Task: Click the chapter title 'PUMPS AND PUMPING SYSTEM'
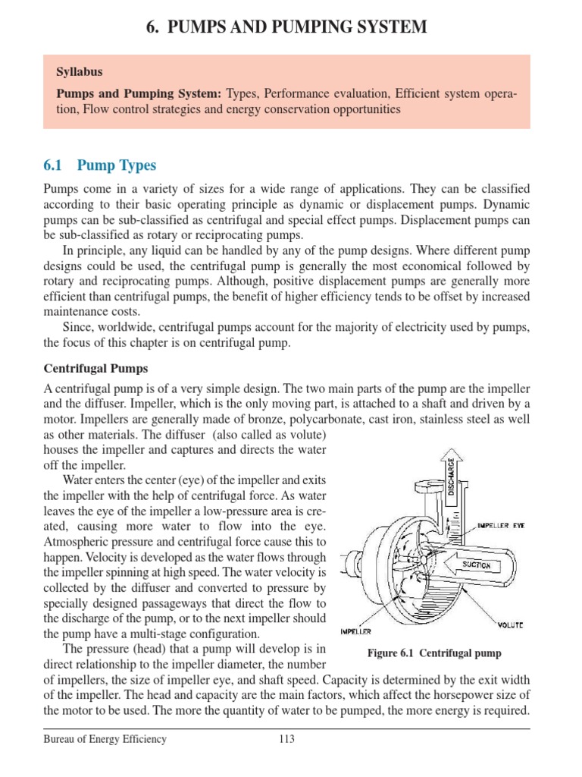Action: pyautogui.click(x=297, y=28)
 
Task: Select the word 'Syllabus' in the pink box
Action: pyautogui.click(x=80, y=72)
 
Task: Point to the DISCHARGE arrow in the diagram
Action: pyautogui.click(x=451, y=479)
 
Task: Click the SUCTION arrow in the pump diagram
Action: pyautogui.click(x=475, y=565)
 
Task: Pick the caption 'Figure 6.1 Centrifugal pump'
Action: pyautogui.click(x=434, y=653)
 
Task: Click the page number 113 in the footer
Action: pyautogui.click(x=286, y=740)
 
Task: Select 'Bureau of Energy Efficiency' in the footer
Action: pyautogui.click(x=105, y=740)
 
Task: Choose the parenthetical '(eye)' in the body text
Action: pyautogui.click(x=192, y=480)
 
